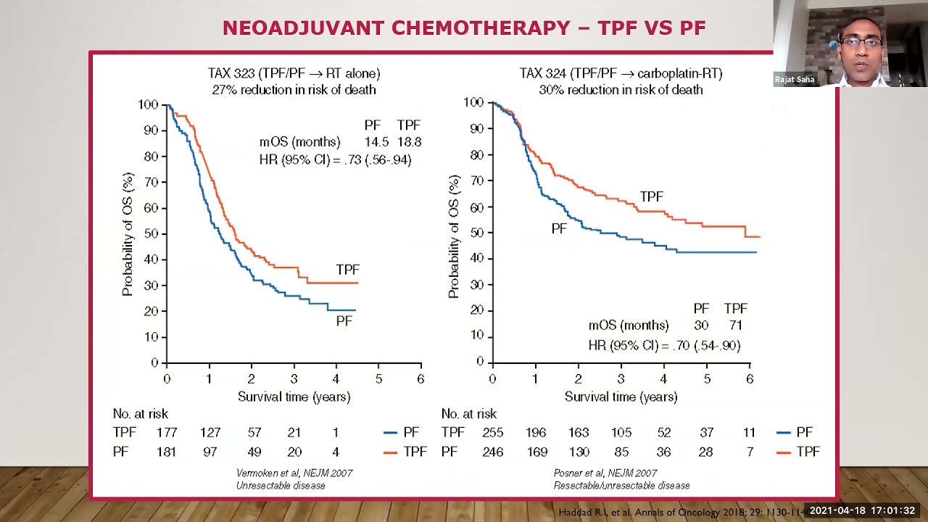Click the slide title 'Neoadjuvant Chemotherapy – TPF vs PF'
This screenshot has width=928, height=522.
click(x=464, y=28)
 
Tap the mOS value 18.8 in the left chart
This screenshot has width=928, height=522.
click(x=409, y=142)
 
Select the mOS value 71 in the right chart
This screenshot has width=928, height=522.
click(x=735, y=326)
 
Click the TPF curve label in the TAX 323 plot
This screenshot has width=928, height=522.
click(x=347, y=270)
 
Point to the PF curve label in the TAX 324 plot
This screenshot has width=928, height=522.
click(x=558, y=228)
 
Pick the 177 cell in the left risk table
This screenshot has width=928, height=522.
click(x=167, y=433)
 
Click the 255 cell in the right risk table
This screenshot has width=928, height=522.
click(x=492, y=433)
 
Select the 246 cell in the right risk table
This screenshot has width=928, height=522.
click(x=492, y=452)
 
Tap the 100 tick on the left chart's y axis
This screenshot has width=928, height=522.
click(x=148, y=105)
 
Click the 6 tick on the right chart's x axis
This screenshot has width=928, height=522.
click(x=750, y=378)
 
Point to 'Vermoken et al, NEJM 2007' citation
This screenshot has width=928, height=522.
click(x=294, y=473)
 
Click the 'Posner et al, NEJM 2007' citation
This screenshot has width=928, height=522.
click(x=605, y=473)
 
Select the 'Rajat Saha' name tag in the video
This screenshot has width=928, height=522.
click(x=795, y=80)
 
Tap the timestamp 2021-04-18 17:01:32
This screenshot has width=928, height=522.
click(x=862, y=511)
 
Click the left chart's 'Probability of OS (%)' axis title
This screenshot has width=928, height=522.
click(x=128, y=233)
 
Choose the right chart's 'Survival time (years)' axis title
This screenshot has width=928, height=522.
click(x=621, y=397)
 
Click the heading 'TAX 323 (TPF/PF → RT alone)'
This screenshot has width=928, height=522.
click(x=294, y=73)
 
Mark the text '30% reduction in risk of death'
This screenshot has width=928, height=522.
click(x=621, y=90)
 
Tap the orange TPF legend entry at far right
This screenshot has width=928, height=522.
click(x=797, y=452)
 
